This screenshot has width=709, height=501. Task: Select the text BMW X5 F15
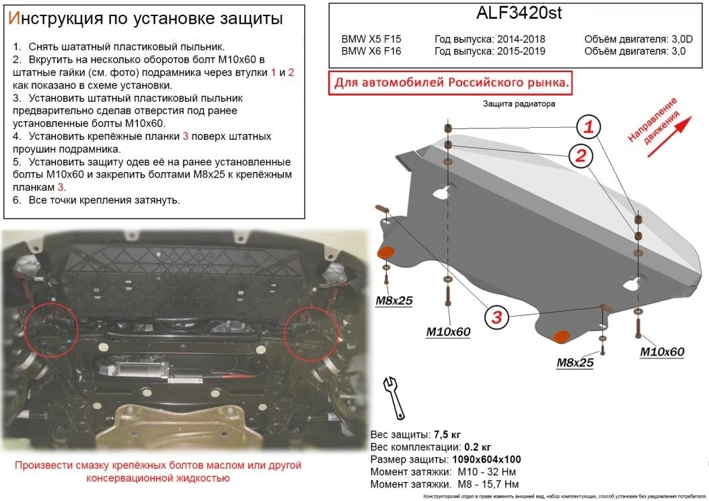point(371,39)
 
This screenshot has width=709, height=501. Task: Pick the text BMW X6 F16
point(371,51)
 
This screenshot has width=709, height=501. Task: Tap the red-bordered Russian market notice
point(451,83)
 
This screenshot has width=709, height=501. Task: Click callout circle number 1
point(588,126)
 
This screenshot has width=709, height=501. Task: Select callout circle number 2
point(577,156)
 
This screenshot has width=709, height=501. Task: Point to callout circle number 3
point(496,317)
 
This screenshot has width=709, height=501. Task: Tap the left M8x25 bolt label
point(394,301)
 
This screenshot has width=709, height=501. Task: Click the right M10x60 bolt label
point(661,352)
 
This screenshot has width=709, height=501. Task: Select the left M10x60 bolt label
point(448,331)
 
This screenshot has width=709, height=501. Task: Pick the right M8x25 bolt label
point(574,363)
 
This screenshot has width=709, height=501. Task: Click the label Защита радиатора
point(518,104)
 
